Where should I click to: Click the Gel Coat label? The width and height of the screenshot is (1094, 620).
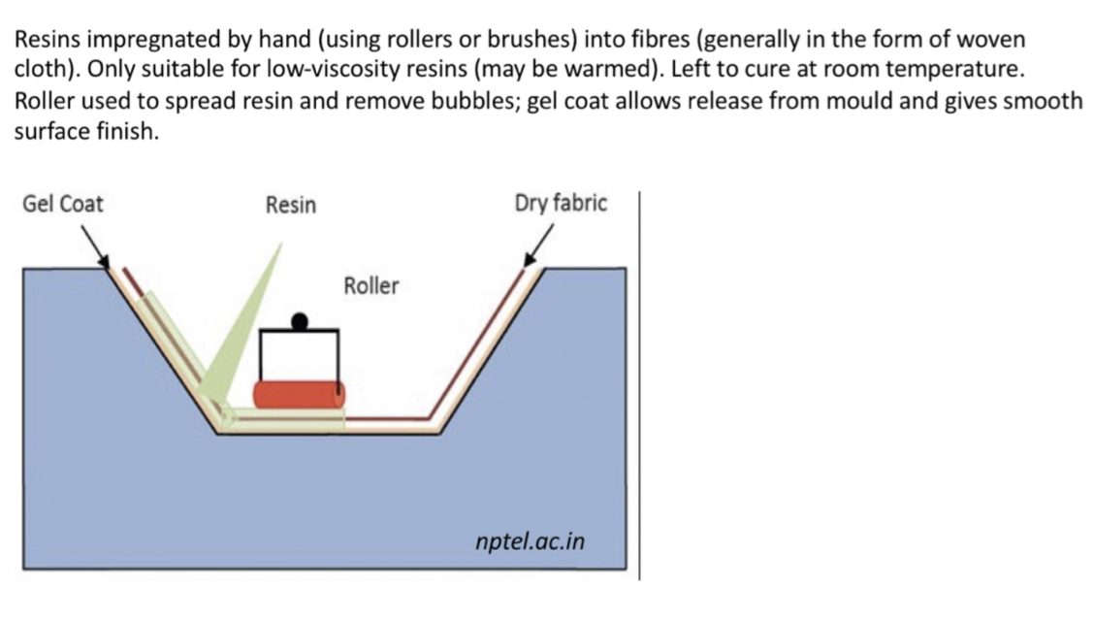(x=62, y=205)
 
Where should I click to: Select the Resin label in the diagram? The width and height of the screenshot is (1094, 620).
(x=290, y=205)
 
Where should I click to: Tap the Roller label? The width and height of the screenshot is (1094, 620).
(x=370, y=286)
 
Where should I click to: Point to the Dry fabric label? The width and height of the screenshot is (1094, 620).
(x=561, y=204)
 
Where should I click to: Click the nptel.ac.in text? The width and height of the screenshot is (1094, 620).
(x=531, y=540)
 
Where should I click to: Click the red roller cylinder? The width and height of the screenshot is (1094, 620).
(x=299, y=394)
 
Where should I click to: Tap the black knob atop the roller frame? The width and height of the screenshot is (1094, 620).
(x=300, y=319)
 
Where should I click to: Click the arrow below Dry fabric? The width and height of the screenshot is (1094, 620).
(x=539, y=245)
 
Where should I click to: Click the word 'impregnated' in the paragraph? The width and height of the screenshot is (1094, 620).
(x=144, y=41)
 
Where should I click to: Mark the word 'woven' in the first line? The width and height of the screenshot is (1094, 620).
(x=990, y=41)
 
